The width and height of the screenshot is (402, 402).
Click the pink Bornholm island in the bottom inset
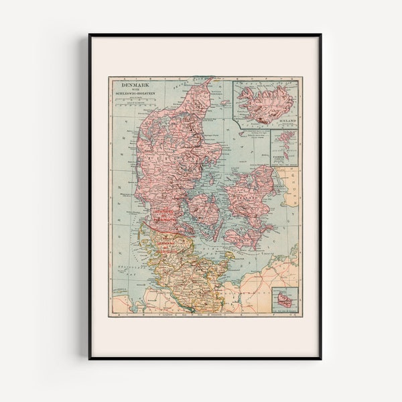285,300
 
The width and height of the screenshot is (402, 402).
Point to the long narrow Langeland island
221,228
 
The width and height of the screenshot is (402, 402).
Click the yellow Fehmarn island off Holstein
228,255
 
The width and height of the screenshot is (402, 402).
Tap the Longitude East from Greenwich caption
201,314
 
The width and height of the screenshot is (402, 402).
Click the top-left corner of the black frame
90,35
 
